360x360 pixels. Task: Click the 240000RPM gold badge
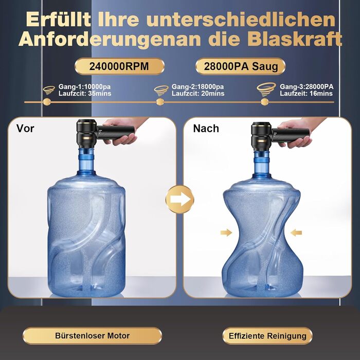(119, 66)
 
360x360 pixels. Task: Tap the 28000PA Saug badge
(241, 66)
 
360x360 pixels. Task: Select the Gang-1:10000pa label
(84, 86)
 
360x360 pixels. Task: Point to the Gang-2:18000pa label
(197, 86)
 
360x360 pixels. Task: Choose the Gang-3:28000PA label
(307, 86)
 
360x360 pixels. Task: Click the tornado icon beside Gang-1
(49, 90)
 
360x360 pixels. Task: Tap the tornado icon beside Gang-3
(266, 89)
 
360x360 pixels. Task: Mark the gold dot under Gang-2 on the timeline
(160, 102)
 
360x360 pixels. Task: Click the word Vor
(25, 129)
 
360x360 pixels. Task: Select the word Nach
(206, 129)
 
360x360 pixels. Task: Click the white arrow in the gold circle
(180, 200)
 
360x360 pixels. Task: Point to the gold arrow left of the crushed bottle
(226, 232)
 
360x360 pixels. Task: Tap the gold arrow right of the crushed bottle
(296, 232)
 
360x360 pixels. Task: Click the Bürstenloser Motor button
(92, 336)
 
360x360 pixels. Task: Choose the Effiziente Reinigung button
(267, 336)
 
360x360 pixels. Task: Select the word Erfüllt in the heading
(58, 19)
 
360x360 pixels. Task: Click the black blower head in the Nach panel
(261, 136)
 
